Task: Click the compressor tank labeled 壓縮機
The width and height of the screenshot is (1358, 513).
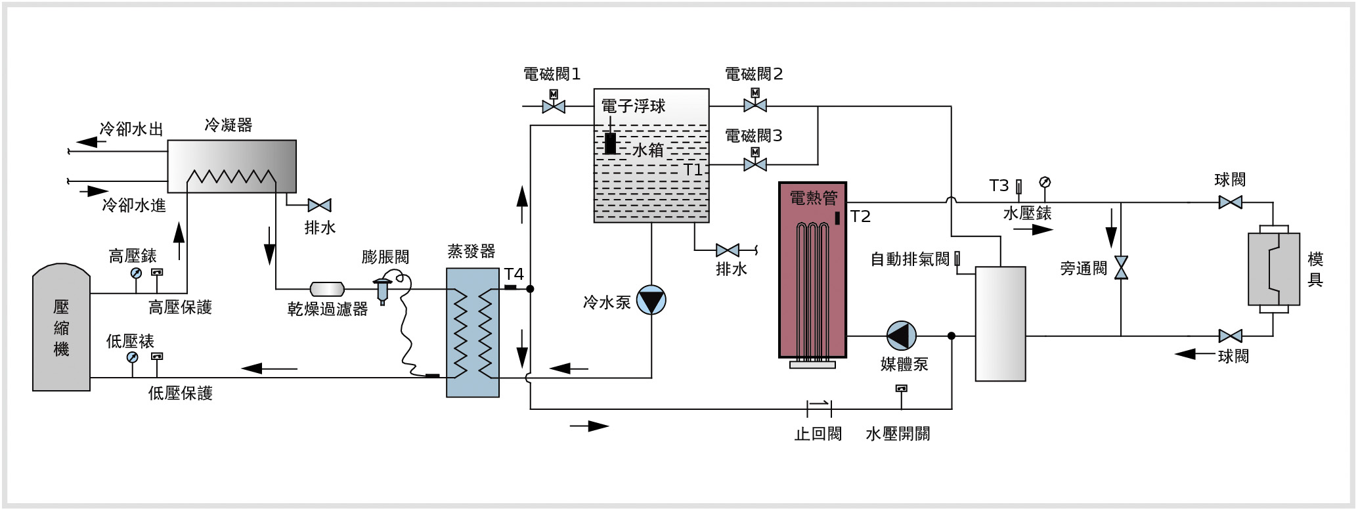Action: pos(61,328)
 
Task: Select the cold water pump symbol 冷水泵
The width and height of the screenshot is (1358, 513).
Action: pos(651,300)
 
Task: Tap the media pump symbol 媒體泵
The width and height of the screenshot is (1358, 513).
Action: pos(902,336)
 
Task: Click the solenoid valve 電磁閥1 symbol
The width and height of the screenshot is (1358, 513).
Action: pos(554,106)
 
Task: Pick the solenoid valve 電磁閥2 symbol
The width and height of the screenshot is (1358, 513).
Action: pos(755,105)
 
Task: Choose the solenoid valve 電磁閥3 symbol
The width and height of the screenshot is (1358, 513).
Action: pos(755,164)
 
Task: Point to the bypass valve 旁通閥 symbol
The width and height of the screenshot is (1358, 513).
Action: pos(1121,268)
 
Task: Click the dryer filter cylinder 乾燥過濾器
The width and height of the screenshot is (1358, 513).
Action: pos(327,288)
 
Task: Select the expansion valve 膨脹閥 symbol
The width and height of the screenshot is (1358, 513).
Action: pos(382,288)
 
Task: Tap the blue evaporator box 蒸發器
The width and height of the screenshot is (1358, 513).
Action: pos(473,332)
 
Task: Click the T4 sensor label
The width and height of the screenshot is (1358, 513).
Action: pos(514,274)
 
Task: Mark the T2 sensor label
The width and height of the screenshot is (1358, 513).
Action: pos(860,217)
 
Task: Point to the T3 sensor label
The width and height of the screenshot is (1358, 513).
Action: pos(999,186)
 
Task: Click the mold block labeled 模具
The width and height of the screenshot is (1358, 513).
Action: pos(1273,269)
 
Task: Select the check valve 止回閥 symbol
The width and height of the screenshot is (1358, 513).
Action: pos(819,409)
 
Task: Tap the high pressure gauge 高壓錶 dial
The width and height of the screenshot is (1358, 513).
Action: pos(135,273)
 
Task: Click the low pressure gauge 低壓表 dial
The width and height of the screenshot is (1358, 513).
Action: pos(133,357)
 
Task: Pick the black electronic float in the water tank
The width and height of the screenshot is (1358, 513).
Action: pos(610,143)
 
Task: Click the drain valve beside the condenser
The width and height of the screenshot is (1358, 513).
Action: pos(320,205)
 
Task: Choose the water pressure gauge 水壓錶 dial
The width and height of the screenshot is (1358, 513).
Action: pos(1045,182)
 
